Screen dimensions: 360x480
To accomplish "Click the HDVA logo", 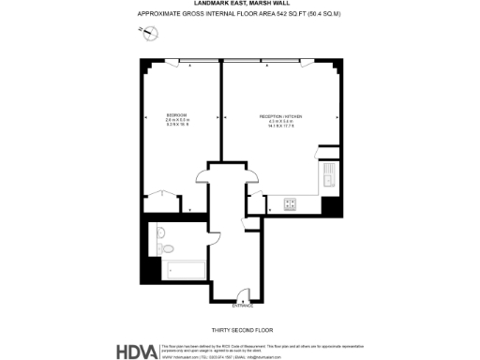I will pos(139,351).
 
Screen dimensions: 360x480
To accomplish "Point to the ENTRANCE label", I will pos(243,307).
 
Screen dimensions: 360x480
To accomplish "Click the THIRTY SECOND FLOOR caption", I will pos(242,329).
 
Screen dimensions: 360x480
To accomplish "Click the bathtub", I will pos(183,271).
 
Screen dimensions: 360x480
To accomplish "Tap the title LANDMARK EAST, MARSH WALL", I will pos(240,5).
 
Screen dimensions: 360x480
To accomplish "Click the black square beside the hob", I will pos(327,205).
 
